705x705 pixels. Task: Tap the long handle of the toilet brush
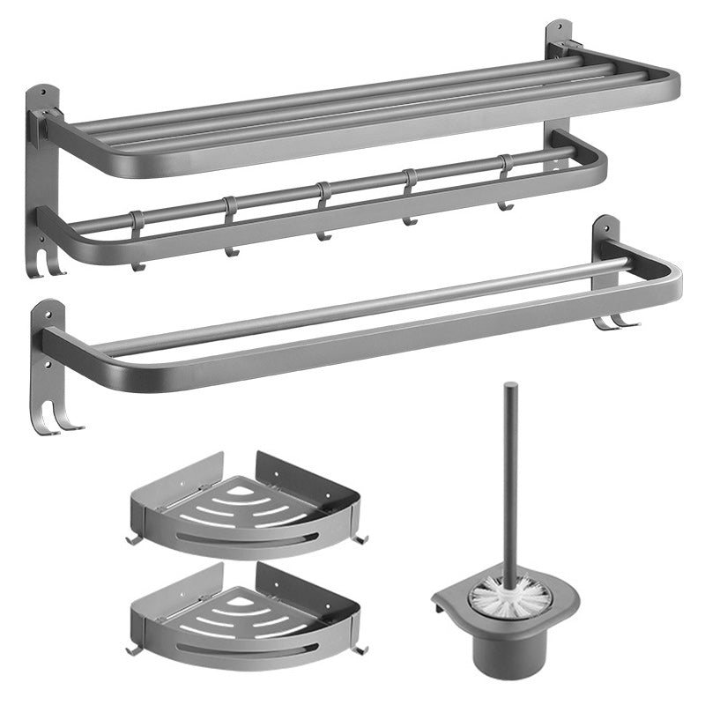click(510, 476)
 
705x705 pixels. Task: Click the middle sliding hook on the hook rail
click(323, 211)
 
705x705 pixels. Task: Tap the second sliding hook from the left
click(230, 226)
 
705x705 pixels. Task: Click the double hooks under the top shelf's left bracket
click(48, 264)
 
